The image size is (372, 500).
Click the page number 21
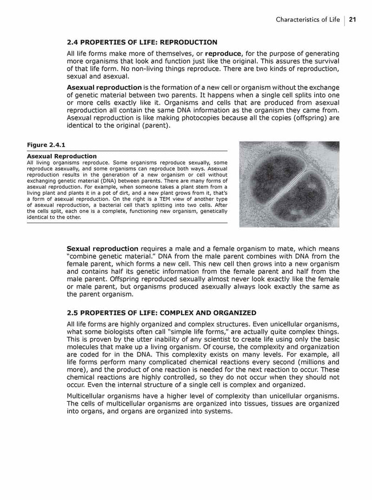click(x=352, y=20)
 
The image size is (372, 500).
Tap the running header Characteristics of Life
click(x=307, y=20)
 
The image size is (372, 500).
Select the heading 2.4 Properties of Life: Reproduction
click(x=142, y=42)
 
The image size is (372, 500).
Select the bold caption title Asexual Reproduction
click(x=62, y=156)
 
